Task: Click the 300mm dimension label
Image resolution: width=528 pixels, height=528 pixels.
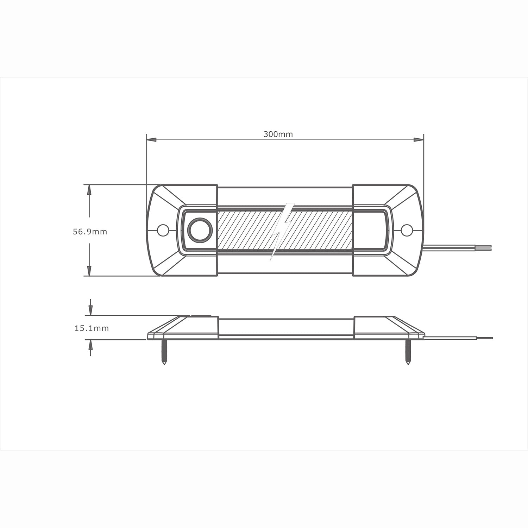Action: click(x=278, y=134)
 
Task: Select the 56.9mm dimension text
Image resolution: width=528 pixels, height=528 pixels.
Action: click(x=90, y=232)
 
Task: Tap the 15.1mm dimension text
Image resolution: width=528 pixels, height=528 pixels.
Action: click(x=92, y=328)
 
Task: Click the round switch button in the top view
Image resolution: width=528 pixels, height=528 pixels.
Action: click(x=200, y=230)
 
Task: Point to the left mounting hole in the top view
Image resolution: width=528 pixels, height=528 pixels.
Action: click(x=163, y=230)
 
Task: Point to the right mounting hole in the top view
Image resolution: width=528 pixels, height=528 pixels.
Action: click(x=407, y=230)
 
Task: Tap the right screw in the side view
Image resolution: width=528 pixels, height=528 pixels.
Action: click(x=408, y=352)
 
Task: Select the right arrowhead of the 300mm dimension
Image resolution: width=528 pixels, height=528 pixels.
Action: click(x=419, y=140)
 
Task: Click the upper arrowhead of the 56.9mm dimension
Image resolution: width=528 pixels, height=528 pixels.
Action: click(x=89, y=190)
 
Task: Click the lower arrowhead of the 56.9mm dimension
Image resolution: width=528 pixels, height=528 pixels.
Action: click(x=89, y=271)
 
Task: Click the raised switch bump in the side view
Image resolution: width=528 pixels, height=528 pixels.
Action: click(x=201, y=316)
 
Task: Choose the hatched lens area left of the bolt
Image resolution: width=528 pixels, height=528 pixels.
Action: click(x=246, y=231)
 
